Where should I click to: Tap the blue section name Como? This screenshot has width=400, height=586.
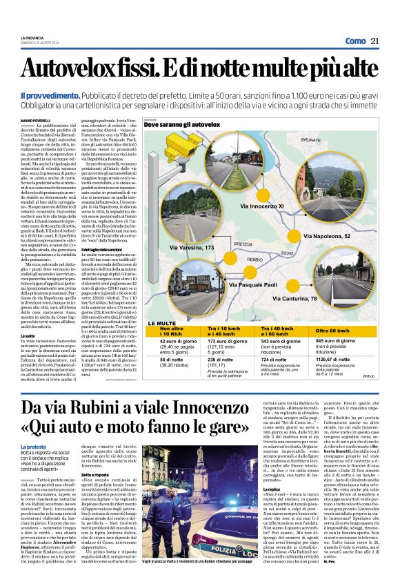[354, 41]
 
